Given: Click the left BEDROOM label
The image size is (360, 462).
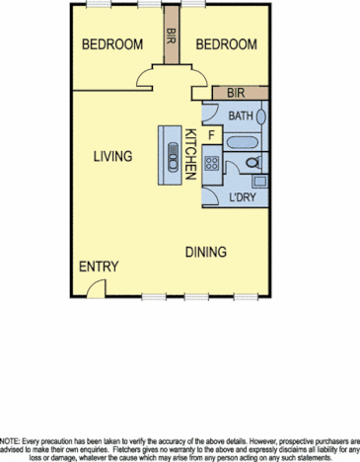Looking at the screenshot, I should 112,44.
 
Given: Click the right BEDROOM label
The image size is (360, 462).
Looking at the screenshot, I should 226,44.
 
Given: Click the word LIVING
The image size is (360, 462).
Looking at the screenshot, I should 113,156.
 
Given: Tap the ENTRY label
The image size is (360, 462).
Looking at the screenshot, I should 99,268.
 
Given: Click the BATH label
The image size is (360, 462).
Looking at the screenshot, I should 240,115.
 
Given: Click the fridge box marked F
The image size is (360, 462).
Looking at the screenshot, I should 211,134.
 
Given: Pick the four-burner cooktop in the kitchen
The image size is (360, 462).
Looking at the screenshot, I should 211,164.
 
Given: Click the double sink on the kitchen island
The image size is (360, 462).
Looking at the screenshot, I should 172,152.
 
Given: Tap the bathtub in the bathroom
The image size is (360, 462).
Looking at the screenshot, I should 242,143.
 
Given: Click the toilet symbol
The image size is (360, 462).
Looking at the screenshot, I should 252,162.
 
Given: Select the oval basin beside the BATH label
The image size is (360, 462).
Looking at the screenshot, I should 262,115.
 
